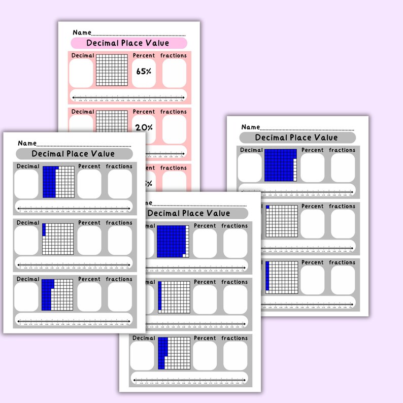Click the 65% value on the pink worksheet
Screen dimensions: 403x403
pyautogui.click(x=144, y=72)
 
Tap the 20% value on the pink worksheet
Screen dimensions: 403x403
pyautogui.click(x=144, y=127)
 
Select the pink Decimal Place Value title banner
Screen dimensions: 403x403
pyautogui.click(x=128, y=43)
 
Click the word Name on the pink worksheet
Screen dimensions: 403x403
pyautogui.click(x=82, y=32)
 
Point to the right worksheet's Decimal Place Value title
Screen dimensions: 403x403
pyautogui.click(x=297, y=138)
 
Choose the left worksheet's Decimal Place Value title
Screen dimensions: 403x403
pyautogui.click(x=74, y=154)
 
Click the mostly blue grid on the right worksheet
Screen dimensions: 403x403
pyautogui.click(x=281, y=165)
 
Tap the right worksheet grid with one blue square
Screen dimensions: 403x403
pyautogui.click(x=281, y=221)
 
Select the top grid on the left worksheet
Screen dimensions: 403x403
pyautogui.click(x=58, y=182)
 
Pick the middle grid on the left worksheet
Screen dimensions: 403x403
pyautogui.click(x=58, y=239)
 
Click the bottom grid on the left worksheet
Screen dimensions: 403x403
pyautogui.click(x=58, y=295)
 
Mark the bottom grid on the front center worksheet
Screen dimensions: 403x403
pyautogui.click(x=174, y=354)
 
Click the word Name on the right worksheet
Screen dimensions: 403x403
pyautogui.click(x=250, y=127)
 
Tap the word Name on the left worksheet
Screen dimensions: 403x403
pyautogui.click(x=27, y=144)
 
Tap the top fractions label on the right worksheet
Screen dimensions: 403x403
pyautogui.click(x=342, y=150)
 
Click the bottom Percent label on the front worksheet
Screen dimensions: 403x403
pyautogui.click(x=205, y=338)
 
